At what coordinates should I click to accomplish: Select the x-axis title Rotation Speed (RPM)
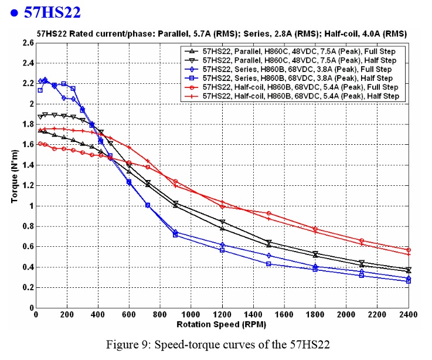(x=222, y=324)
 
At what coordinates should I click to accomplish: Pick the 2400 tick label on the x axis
(x=409, y=315)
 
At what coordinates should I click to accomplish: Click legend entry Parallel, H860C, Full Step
(x=299, y=52)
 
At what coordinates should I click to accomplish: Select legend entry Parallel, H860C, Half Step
(x=299, y=60)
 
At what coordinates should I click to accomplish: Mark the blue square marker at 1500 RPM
(x=268, y=264)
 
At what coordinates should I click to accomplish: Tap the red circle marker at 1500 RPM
(x=268, y=213)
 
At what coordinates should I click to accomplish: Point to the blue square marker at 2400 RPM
(x=409, y=281)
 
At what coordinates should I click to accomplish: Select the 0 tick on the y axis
(x=30, y=308)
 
